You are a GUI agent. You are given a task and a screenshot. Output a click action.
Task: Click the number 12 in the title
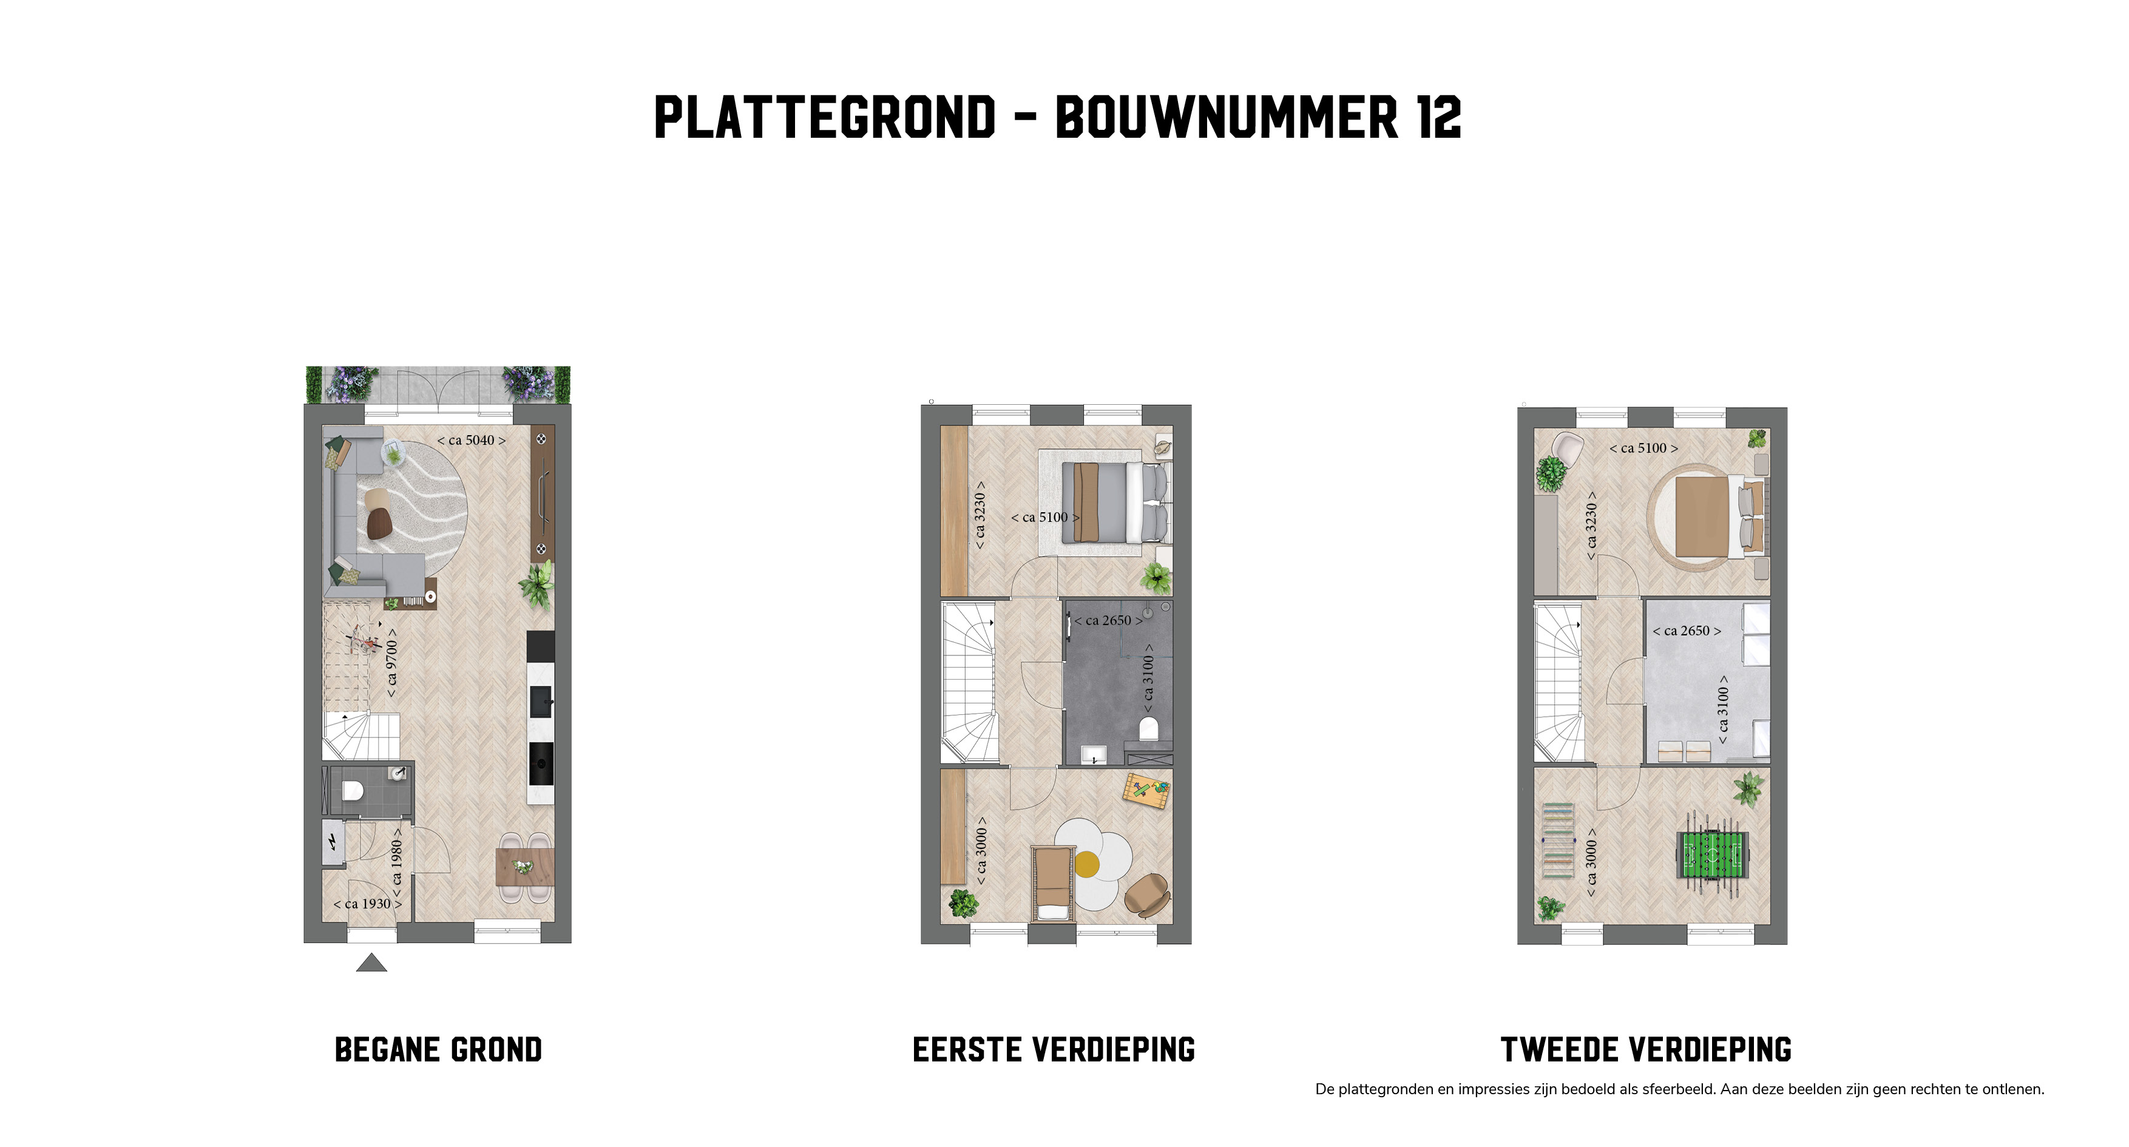[1439, 117]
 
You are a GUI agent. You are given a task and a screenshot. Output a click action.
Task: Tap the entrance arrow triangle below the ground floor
[372, 963]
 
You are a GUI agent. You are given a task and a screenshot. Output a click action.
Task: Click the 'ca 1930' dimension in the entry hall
[368, 904]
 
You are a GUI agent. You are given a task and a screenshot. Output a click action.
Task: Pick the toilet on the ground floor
[353, 791]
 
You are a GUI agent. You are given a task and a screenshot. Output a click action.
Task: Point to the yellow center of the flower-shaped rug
[1087, 864]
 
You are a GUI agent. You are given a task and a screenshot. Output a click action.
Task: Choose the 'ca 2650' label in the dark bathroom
[1108, 621]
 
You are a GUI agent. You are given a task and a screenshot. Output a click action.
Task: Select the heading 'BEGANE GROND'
[438, 1051]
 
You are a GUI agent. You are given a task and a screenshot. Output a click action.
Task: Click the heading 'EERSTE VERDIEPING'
[1054, 1051]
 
